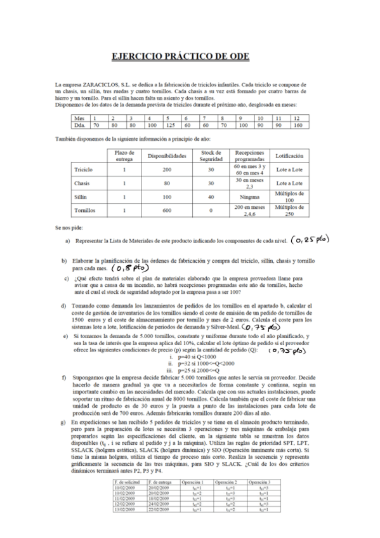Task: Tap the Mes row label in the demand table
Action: tap(79, 118)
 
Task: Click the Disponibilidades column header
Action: tap(167, 155)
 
